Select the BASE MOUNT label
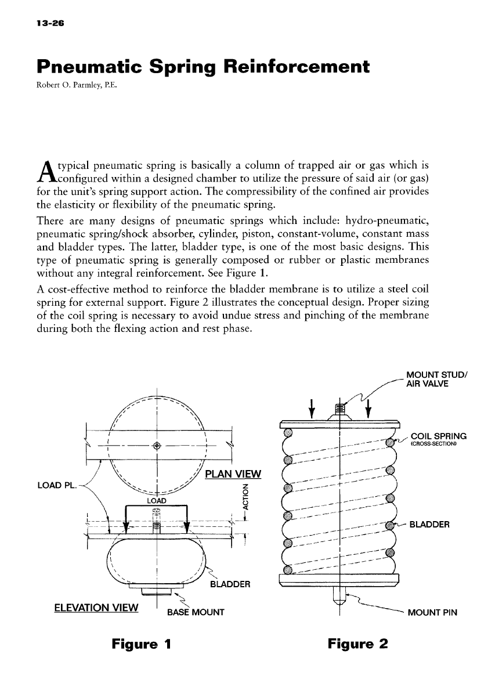tap(195, 612)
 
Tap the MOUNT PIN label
tap(433, 612)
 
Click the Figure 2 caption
tap(357, 644)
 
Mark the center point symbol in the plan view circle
tap(157, 445)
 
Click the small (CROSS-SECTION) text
tap(433, 445)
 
